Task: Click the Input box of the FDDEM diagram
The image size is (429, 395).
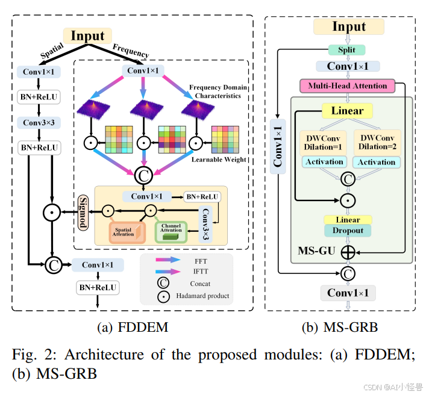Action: (87, 36)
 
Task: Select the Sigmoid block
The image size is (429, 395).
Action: (83, 211)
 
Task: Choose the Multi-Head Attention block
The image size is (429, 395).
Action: (348, 86)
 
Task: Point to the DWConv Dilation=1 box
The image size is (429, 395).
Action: (324, 142)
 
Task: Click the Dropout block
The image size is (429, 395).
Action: (348, 231)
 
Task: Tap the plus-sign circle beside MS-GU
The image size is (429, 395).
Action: (348, 251)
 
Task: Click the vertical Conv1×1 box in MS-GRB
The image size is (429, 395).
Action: (278, 145)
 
